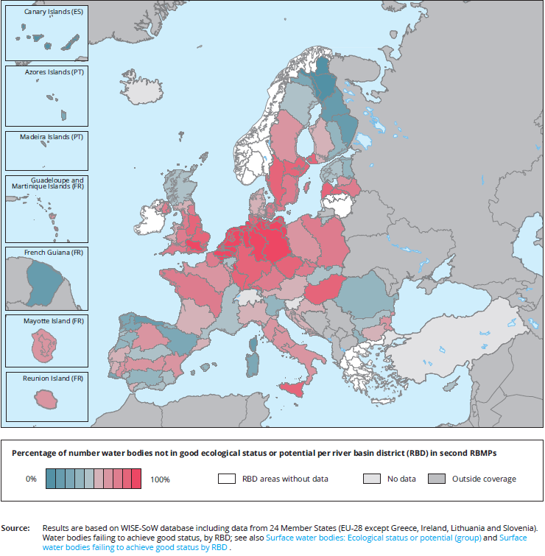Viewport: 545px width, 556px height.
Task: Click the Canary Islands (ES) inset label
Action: pyautogui.click(x=53, y=13)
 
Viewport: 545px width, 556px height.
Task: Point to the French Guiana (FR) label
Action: pyautogui.click(x=54, y=253)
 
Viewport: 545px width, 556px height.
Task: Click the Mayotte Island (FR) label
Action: pyautogui.click(x=54, y=321)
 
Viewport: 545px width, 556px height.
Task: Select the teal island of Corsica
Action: pyautogui.click(x=253, y=362)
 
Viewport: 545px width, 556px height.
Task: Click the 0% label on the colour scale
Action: pyautogui.click(x=31, y=479)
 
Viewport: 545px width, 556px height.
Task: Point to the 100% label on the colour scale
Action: pyautogui.click(x=160, y=479)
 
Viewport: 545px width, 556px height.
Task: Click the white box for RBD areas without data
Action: pyautogui.click(x=226, y=479)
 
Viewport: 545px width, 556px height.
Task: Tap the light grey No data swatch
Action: pyautogui.click(x=372, y=479)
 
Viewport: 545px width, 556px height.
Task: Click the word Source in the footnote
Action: pyautogui.click(x=15, y=528)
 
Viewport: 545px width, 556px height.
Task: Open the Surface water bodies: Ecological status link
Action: pyautogui.click(x=373, y=538)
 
